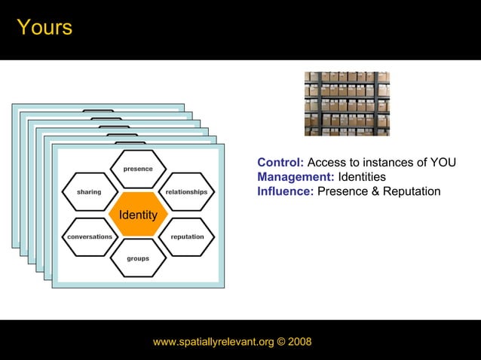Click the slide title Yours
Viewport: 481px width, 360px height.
44,28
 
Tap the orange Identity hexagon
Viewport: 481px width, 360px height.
137,215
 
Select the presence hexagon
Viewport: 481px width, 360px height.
137,169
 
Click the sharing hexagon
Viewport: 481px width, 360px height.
88,192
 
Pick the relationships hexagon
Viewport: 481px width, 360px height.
186,192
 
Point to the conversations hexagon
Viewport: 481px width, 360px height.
89,236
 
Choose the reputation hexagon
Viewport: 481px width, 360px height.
187,236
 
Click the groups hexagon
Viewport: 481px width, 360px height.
137,258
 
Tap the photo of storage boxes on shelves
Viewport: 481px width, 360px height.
347,104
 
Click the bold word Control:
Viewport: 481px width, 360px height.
280,163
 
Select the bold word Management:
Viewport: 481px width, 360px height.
296,177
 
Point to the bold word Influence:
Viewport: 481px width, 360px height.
285,191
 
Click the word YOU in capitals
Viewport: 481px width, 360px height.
442,163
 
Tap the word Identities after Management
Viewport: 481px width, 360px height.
362,177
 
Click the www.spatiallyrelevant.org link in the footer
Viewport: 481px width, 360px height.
213,342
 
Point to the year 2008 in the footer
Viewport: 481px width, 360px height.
299,342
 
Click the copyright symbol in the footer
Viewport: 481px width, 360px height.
280,342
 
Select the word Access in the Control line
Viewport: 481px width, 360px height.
326,163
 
